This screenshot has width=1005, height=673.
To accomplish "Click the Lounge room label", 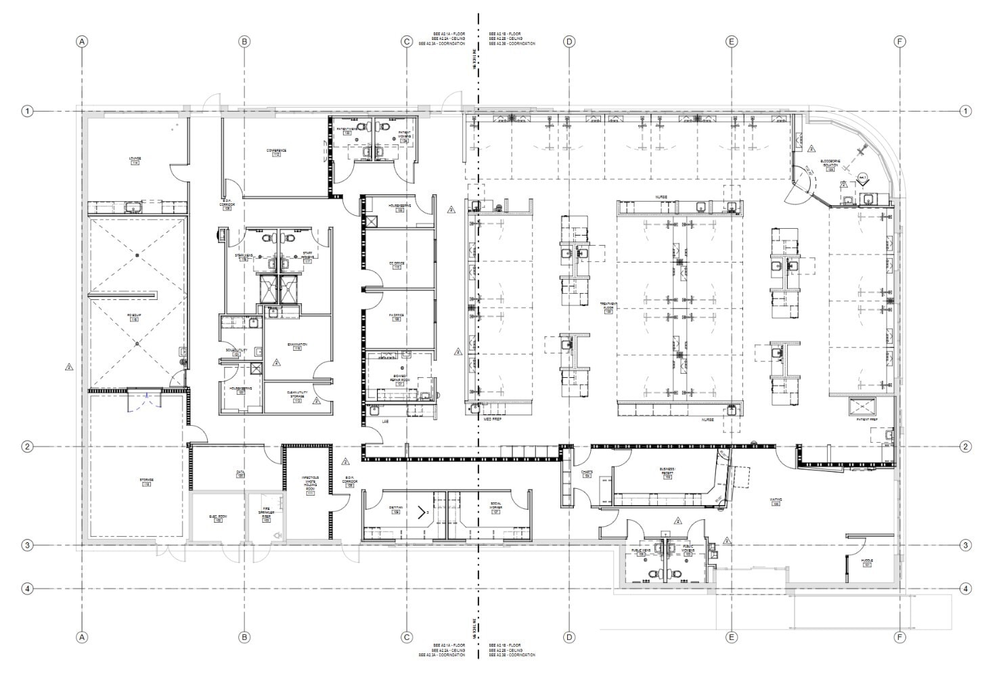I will [135, 160].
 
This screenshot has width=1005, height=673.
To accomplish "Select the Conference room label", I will [276, 152].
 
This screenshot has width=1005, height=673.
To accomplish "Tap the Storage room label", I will [147, 481].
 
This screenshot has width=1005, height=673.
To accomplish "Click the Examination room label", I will [297, 346].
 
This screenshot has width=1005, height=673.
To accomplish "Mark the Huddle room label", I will [867, 563].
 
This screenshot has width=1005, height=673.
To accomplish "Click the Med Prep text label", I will [482, 420].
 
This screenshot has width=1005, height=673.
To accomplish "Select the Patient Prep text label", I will [867, 420].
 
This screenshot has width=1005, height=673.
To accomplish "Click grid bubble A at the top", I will [82, 41].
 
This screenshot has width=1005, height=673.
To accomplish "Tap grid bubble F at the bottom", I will [899, 637].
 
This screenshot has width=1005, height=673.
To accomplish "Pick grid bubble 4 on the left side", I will [27, 588].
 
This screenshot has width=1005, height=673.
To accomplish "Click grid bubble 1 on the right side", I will [966, 111].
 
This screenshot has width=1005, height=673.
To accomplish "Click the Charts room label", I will [586, 474].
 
